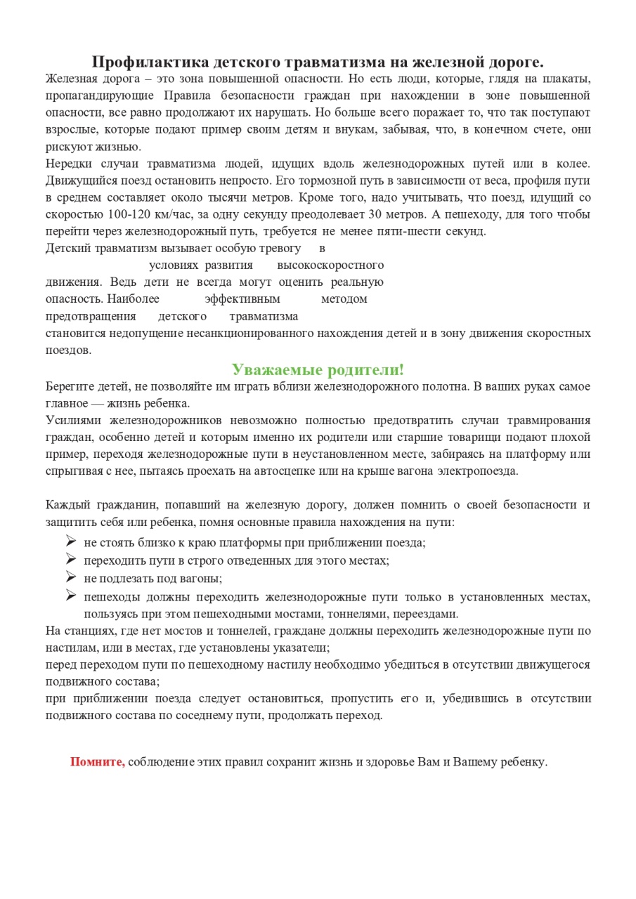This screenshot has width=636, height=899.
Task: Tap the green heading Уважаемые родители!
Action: click(318, 369)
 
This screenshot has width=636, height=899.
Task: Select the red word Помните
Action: click(98, 762)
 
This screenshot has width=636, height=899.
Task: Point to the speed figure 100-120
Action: click(130, 214)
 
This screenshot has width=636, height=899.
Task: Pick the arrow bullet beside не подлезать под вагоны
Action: click(70, 577)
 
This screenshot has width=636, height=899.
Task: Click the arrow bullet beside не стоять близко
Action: click(70, 541)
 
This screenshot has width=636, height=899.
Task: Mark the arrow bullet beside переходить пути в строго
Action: click(70, 559)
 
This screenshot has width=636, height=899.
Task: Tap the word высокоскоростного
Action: click(330, 265)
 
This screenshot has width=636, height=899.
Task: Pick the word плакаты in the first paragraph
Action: click(569, 79)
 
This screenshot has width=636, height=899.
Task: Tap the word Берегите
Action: click(69, 386)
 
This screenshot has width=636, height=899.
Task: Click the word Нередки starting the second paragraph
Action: click(68, 164)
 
